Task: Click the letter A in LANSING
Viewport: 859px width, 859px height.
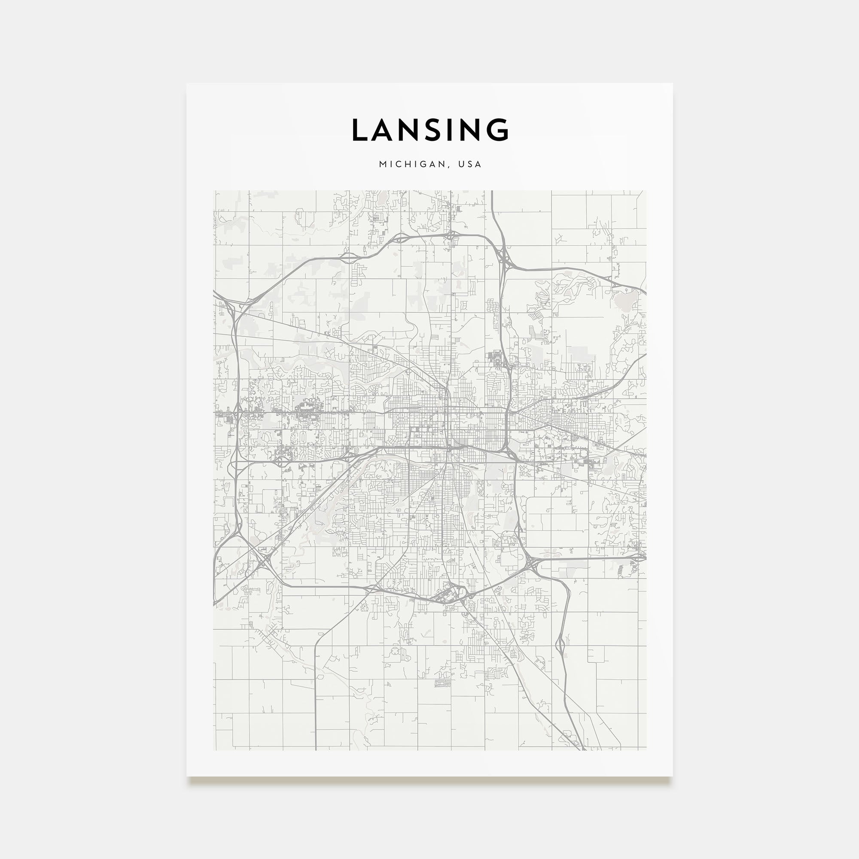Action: coord(383,130)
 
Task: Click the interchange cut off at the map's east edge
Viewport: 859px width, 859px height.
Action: coord(642,556)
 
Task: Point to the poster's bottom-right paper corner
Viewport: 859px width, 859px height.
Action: coord(672,776)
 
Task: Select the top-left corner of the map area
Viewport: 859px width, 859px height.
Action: coord(214,191)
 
